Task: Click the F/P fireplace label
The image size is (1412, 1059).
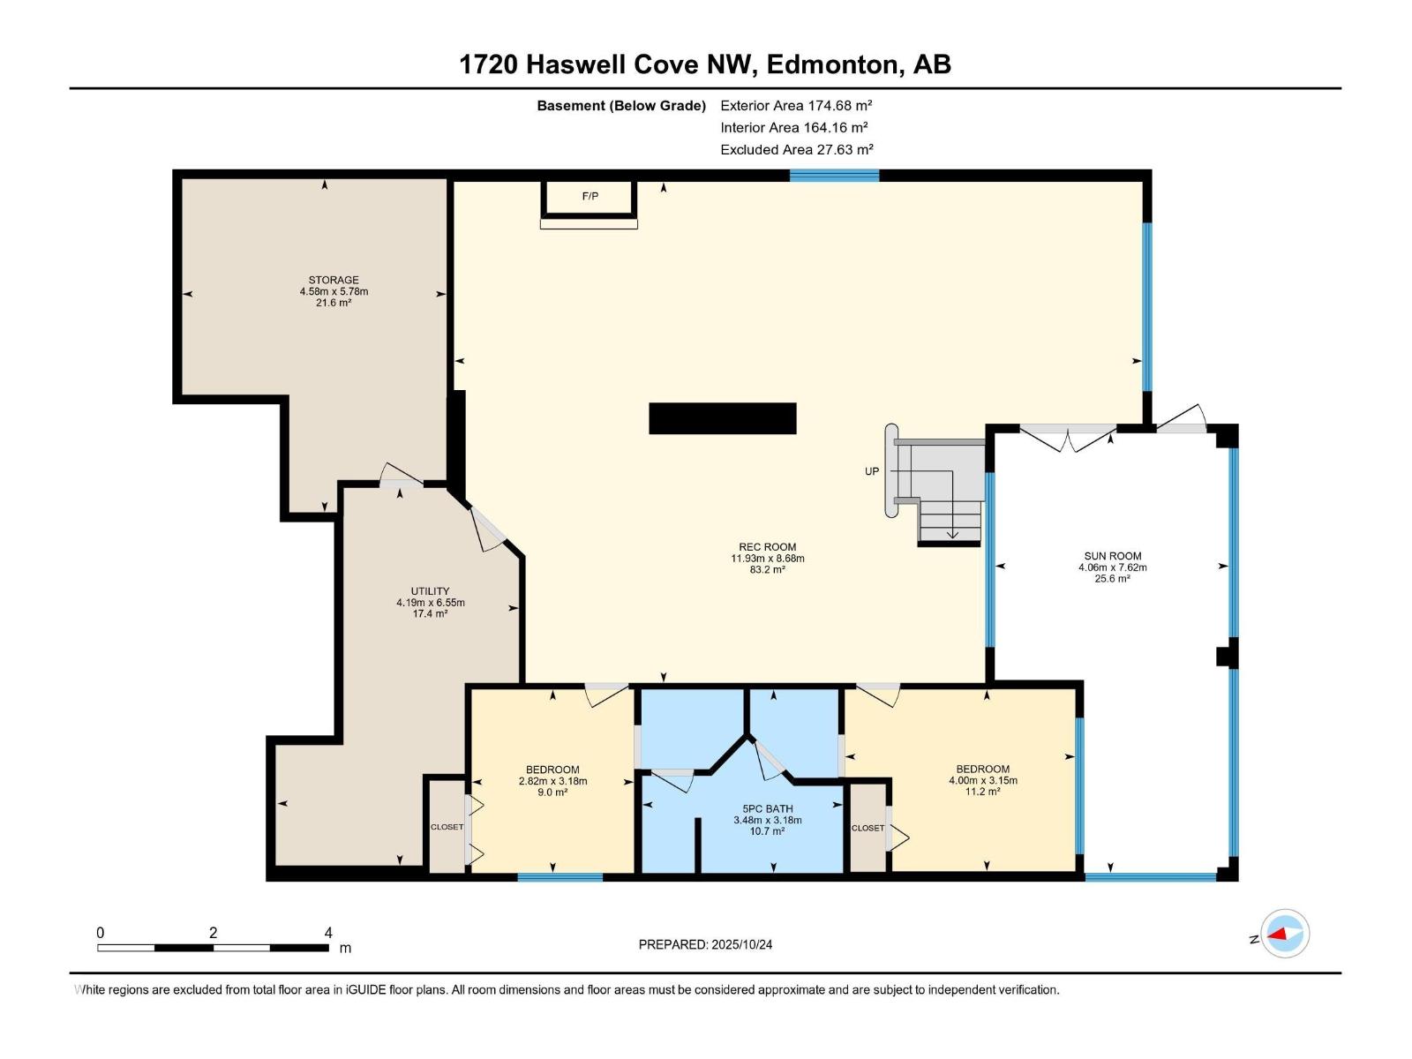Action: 590,196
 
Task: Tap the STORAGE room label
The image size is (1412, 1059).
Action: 334,280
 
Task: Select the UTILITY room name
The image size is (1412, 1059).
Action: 431,591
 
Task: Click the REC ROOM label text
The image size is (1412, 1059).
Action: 768,547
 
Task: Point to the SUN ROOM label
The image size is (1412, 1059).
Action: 1113,556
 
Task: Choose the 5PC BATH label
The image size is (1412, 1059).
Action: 768,809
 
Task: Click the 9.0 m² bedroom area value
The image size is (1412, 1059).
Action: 552,792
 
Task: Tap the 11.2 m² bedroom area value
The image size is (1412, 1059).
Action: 983,792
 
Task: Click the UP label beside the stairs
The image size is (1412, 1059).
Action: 872,471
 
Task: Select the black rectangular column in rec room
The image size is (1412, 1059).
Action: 723,418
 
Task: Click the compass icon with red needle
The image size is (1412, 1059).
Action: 1285,934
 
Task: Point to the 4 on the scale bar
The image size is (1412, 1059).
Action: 328,932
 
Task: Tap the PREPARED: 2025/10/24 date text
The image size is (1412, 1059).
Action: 706,944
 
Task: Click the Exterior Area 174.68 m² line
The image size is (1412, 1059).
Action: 796,105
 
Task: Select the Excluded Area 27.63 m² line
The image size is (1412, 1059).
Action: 797,150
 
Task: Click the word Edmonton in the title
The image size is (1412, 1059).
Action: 832,64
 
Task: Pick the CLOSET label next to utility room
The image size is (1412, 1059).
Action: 447,827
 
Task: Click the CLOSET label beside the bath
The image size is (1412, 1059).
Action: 867,828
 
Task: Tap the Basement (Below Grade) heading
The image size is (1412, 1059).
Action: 621,105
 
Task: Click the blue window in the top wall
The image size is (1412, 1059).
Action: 834,175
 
